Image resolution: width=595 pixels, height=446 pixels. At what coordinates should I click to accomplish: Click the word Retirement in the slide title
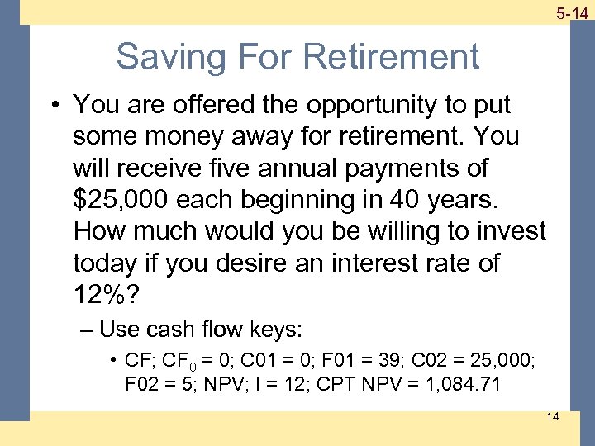point(391,57)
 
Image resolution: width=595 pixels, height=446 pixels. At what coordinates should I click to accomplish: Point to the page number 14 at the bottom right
point(552,416)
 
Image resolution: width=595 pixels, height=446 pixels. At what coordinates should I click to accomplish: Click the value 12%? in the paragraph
point(106,295)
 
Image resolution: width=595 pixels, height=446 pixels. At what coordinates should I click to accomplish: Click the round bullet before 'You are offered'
point(55,106)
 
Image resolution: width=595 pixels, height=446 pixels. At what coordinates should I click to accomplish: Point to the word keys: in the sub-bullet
point(276,330)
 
